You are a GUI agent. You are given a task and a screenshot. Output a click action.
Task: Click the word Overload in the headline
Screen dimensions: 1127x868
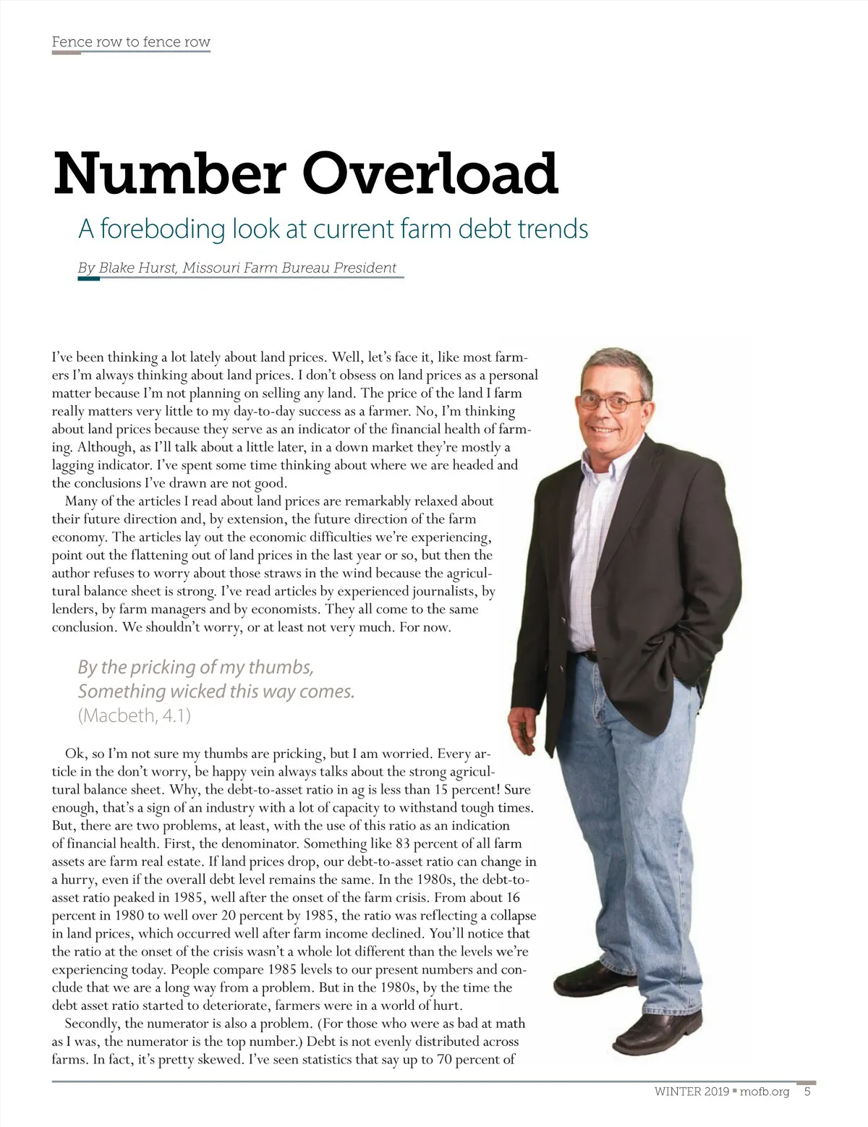430,174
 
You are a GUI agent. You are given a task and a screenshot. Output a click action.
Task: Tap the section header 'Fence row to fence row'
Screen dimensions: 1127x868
131,42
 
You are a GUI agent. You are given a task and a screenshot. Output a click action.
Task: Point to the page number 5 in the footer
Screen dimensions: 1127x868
807,1092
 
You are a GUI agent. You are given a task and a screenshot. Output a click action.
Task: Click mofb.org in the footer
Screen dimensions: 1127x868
765,1092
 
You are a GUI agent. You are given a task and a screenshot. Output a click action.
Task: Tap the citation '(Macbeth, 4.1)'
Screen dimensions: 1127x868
135,715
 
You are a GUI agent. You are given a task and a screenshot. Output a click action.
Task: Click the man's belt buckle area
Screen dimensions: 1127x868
589,655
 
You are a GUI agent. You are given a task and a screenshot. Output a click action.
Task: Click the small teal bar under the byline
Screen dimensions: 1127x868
88,278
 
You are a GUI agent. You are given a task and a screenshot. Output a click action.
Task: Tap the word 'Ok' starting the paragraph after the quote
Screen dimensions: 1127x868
75,754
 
